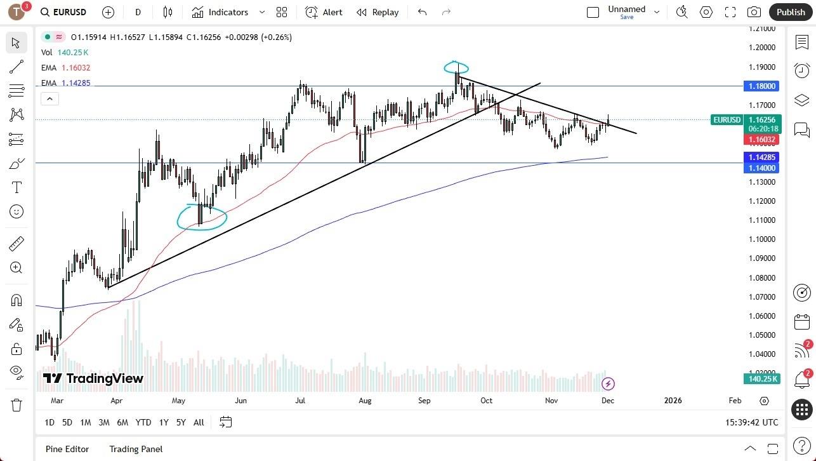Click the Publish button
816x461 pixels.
click(x=790, y=12)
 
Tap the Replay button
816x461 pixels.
click(x=378, y=12)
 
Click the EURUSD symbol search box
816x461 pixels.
click(x=63, y=12)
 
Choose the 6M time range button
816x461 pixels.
click(x=122, y=422)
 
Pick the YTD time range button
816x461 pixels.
click(x=143, y=422)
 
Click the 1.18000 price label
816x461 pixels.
click(x=761, y=86)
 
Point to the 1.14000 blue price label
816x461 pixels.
click(x=761, y=168)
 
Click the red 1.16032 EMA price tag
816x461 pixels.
click(x=761, y=139)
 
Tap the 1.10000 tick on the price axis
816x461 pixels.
click(x=761, y=239)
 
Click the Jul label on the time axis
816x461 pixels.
click(x=300, y=401)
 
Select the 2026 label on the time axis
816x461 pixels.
click(x=673, y=401)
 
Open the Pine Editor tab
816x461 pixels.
click(x=67, y=449)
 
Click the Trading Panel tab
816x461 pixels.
click(x=136, y=449)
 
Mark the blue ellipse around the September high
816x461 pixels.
click(x=457, y=67)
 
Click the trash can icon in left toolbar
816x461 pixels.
click(x=16, y=405)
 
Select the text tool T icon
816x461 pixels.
click(x=16, y=187)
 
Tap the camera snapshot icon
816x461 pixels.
click(x=754, y=12)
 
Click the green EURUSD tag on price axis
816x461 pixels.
click(x=727, y=119)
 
